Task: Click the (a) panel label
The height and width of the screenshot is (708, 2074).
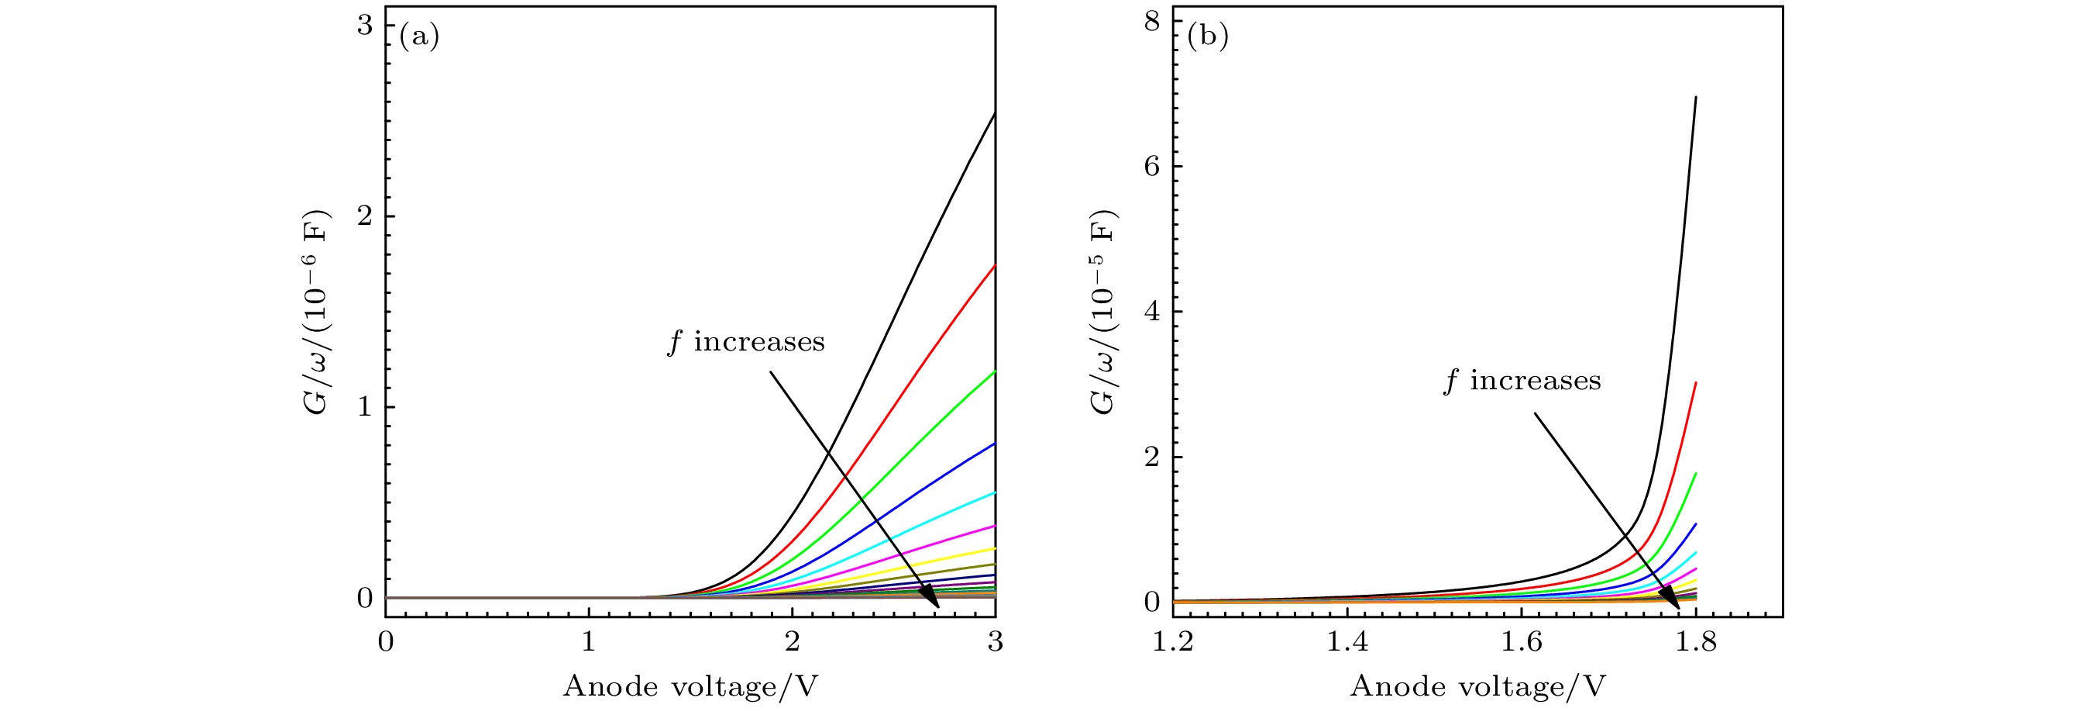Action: (419, 37)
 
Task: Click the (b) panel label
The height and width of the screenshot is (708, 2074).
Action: (1208, 37)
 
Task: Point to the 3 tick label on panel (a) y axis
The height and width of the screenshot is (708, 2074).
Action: (365, 26)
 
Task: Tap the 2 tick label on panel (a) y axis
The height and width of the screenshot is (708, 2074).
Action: (365, 216)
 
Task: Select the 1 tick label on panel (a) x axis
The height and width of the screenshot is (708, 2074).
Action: (589, 641)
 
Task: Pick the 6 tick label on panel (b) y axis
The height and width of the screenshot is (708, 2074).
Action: (1152, 166)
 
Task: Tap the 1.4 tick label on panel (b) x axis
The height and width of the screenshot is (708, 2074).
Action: (1347, 642)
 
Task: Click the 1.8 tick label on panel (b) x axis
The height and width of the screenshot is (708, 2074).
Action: (1696, 642)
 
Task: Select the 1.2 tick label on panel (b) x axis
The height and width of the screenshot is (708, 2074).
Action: (1173, 642)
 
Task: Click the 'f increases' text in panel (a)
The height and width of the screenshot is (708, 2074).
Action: (746, 342)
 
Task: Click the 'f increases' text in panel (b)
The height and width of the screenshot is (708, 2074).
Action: (1522, 381)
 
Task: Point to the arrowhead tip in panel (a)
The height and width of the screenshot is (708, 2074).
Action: (939, 607)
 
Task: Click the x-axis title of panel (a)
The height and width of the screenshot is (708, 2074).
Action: (690, 686)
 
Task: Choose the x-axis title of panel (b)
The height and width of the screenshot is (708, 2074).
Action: (1477, 686)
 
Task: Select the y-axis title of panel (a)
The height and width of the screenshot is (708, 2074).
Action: (317, 313)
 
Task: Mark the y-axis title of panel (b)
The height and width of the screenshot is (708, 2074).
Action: (1105, 313)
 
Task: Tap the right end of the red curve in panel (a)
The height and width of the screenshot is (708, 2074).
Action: (995, 265)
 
